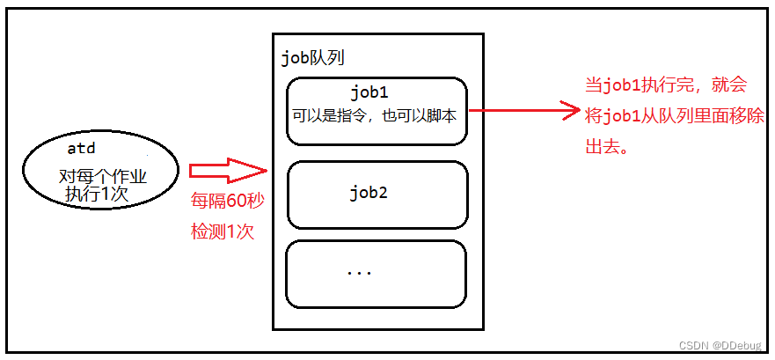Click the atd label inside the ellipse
[x=81, y=149]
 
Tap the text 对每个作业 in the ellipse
[x=102, y=176]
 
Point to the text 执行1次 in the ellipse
[x=96, y=194]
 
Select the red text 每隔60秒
[x=227, y=201]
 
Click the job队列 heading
[x=311, y=58]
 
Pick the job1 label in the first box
[x=369, y=92]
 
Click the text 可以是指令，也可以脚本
[x=375, y=114]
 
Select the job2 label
[x=369, y=193]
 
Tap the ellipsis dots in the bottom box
[x=359, y=273]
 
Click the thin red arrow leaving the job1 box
[x=519, y=111]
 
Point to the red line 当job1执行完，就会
[x=666, y=84]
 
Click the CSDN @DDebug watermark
[x=725, y=344]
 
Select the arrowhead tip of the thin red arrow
[x=571, y=111]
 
